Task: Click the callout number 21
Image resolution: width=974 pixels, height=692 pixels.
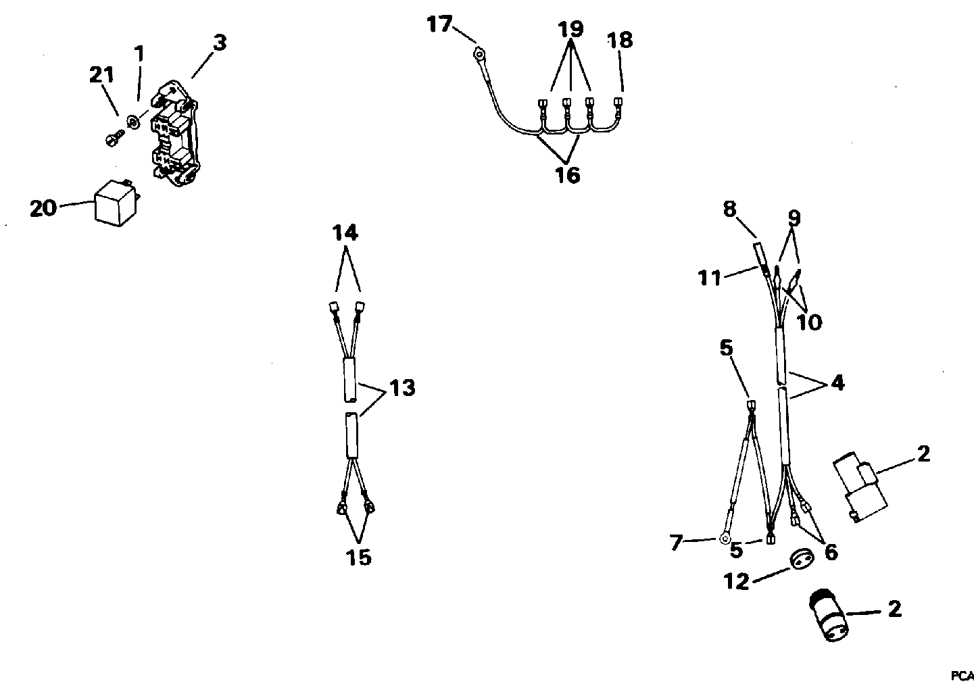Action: coord(101,76)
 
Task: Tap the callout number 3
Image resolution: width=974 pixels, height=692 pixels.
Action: coord(219,43)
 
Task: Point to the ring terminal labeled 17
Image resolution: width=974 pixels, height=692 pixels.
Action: coord(479,51)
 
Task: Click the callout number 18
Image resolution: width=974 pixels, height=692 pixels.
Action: coord(620,41)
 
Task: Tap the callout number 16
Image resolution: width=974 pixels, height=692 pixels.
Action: coord(568,175)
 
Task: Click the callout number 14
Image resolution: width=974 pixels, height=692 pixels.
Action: coord(345,233)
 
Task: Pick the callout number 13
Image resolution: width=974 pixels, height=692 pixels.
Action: coord(402,389)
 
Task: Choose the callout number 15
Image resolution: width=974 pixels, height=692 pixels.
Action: coord(358,558)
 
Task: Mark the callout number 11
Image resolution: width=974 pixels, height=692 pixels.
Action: coord(710,277)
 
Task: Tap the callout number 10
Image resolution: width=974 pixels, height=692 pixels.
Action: coord(809,322)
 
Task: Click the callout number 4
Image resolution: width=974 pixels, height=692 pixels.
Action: coord(837,382)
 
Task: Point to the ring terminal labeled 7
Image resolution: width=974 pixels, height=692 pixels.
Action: coord(725,539)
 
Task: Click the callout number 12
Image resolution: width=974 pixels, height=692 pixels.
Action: coord(737,580)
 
